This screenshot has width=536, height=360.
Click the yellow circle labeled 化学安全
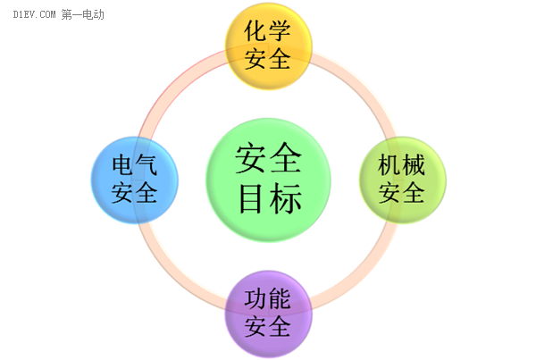pos(268,46)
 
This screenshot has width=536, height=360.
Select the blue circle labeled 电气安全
pos(136,179)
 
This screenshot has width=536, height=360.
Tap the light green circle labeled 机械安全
pos(402,179)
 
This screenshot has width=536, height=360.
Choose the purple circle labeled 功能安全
pos(268,314)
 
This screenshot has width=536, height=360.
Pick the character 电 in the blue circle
pos(123,165)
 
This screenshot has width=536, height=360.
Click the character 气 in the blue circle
pos(147,165)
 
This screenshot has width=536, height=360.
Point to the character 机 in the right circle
pos(389,165)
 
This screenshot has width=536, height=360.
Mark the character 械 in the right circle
pos(414,165)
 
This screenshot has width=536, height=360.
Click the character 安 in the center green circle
pos(252,160)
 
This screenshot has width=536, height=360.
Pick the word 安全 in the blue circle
pos(136,191)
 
